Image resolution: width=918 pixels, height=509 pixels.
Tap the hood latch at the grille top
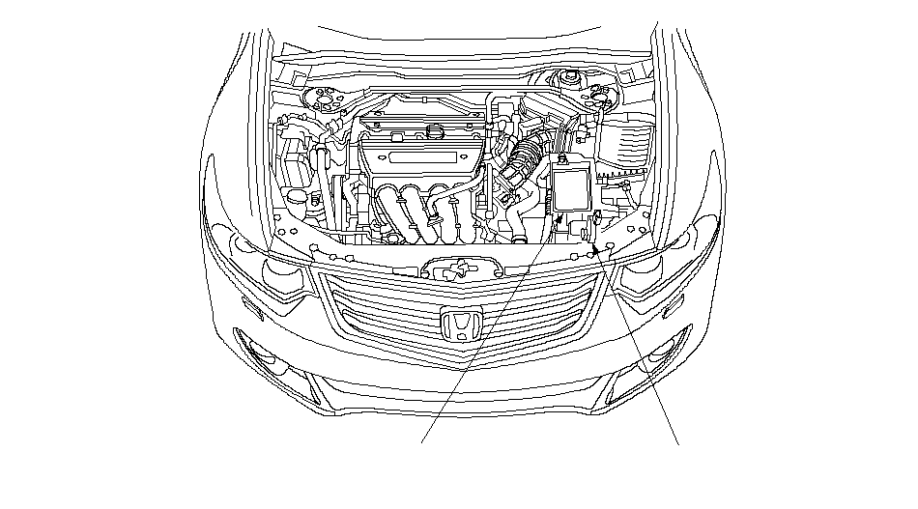453,270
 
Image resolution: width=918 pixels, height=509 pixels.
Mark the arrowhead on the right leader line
601,248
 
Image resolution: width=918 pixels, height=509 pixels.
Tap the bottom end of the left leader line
422,443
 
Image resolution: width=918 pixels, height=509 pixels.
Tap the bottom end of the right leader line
677,443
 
